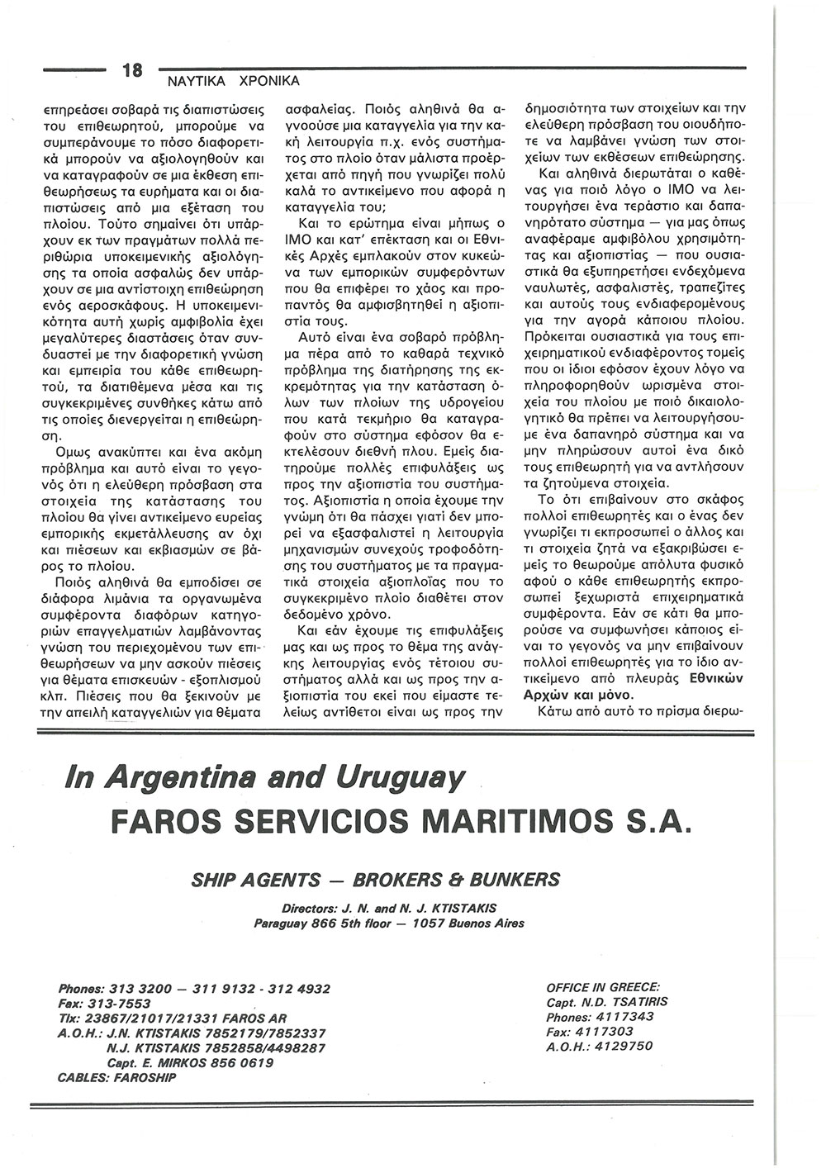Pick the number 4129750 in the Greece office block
[617, 1047]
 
